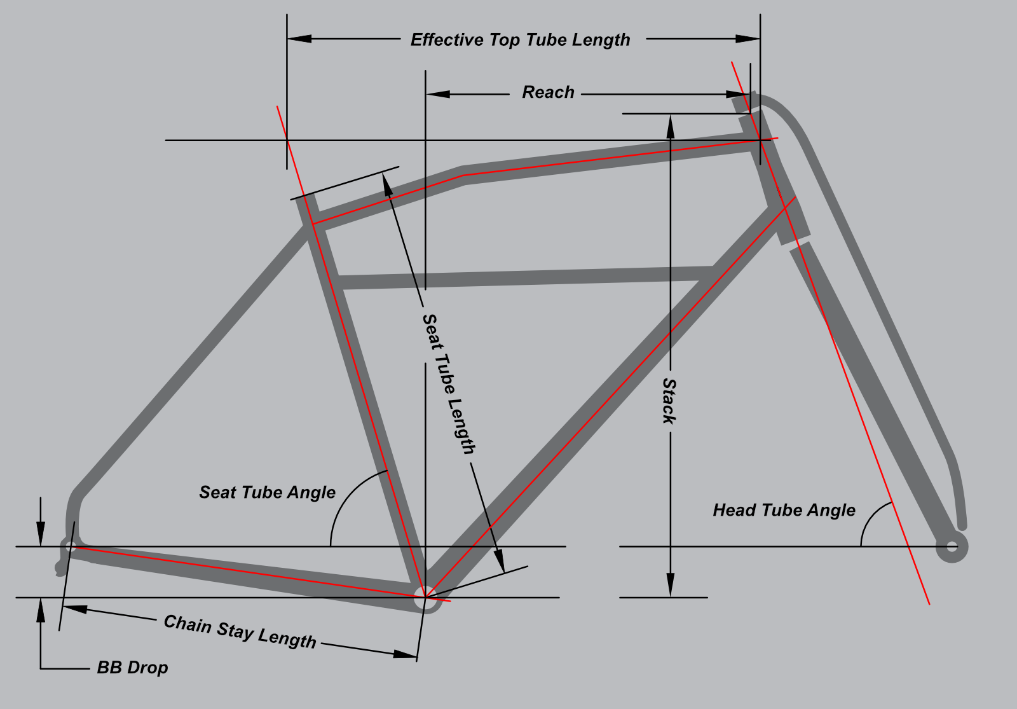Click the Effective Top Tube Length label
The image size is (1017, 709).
[520, 40]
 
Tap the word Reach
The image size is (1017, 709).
[548, 93]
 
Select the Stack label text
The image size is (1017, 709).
[669, 401]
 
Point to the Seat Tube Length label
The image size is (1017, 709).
[449, 384]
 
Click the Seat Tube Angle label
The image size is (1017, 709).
[267, 492]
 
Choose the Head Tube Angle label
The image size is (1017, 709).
[784, 510]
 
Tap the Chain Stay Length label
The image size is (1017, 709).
[240, 631]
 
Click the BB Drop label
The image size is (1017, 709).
[132, 668]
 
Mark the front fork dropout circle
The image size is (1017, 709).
[952, 546]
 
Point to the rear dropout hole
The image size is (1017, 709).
[71, 546]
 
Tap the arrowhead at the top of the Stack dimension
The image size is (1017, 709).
[670, 123]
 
